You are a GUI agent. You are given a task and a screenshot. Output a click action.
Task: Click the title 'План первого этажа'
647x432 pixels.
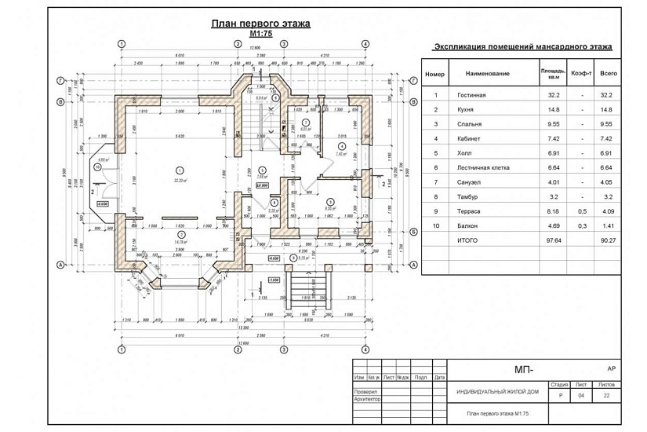(x=260, y=24)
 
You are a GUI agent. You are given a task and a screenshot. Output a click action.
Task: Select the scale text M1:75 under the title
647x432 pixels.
(x=260, y=35)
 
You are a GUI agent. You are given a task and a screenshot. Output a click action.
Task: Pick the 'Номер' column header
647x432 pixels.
(x=435, y=74)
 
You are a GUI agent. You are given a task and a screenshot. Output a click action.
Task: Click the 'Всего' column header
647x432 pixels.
(x=608, y=74)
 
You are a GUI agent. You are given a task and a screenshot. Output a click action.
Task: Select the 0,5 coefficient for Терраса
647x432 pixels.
(x=580, y=211)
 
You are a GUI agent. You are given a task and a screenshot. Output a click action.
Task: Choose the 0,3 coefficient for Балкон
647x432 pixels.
(x=580, y=225)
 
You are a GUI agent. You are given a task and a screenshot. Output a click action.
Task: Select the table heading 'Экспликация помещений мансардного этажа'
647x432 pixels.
(x=523, y=48)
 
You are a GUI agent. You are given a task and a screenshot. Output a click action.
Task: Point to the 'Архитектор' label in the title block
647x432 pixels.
(x=367, y=399)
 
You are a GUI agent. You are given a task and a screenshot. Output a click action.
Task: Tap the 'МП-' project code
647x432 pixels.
(x=523, y=369)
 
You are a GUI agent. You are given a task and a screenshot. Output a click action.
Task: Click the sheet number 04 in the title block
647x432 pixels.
(x=581, y=396)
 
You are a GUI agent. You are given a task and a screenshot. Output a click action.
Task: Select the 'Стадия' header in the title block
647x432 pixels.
(x=559, y=385)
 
